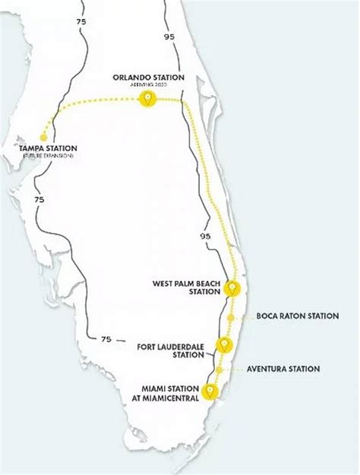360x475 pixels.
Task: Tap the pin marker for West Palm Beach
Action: (232, 289)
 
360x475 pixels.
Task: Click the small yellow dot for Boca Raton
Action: (230, 315)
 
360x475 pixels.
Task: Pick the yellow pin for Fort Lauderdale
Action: (224, 345)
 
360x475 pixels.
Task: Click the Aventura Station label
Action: (283, 369)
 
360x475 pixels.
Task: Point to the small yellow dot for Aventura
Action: (219, 370)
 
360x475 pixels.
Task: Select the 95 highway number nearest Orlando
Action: (168, 36)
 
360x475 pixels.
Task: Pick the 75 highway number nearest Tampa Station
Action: (39, 198)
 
